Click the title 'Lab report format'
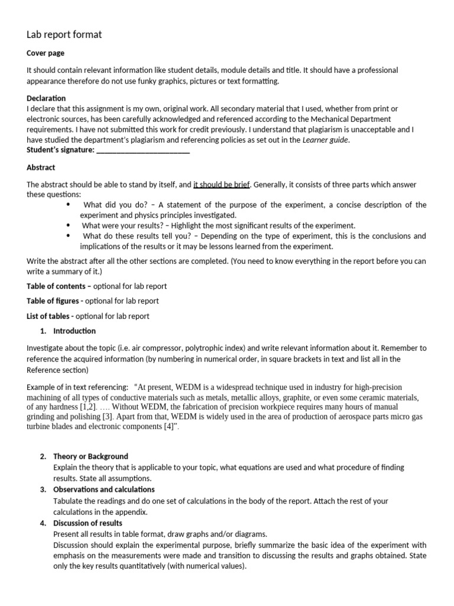pyautogui.click(x=64, y=35)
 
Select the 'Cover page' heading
pyautogui.click(x=46, y=53)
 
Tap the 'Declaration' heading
pyautogui.click(x=46, y=98)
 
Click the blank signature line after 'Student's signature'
pyautogui.click(x=142, y=150)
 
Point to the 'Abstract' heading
pyautogui.click(x=41, y=167)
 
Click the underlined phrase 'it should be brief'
pyautogui.click(x=222, y=185)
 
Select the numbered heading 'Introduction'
pyautogui.click(x=74, y=331)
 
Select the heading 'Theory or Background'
pyautogui.click(x=90, y=456)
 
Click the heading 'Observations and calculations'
pyautogui.click(x=103, y=489)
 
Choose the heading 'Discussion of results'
pyautogui.click(x=87, y=523)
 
